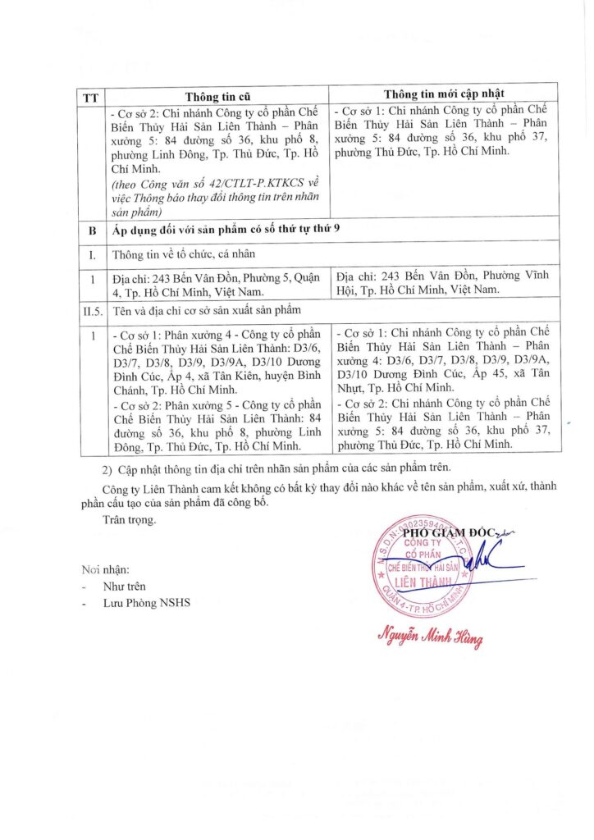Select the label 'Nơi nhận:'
(x=106, y=569)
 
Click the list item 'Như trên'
(x=124, y=587)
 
